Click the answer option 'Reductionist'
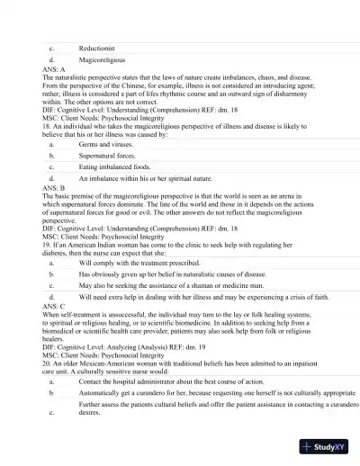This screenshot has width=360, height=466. [97, 48]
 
